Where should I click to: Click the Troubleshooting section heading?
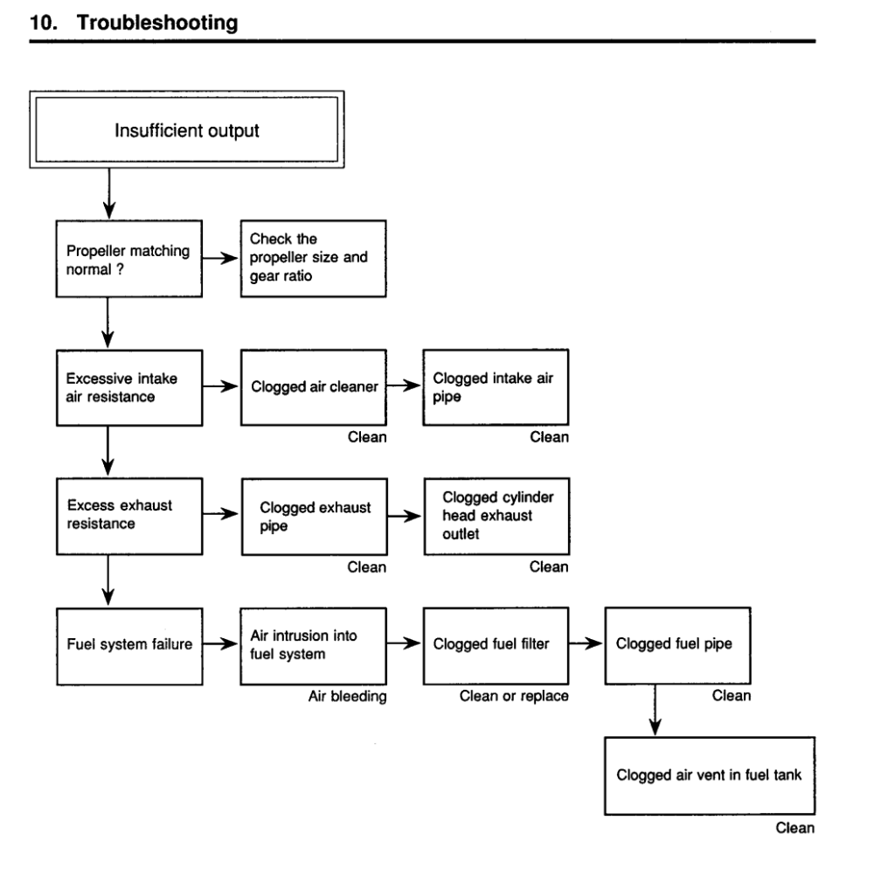coord(134,23)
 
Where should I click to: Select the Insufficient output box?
coord(187,129)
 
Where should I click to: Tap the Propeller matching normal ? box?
coord(128,259)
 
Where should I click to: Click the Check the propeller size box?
coord(313,259)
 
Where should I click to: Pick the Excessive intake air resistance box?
coord(129,388)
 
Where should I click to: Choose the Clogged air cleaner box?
coord(313,387)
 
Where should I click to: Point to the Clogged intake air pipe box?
coord(496,387)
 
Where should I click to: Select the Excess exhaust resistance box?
coord(129,516)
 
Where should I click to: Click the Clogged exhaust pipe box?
coord(315,516)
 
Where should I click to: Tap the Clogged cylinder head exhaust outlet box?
coord(496,516)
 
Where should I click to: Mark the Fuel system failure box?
coord(129,647)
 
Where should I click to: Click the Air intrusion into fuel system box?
coord(313,646)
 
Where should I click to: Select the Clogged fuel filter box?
coord(496,646)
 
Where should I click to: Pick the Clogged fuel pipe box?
coord(678,645)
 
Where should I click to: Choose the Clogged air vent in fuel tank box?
coord(710,776)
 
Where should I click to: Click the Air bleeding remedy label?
coord(347,696)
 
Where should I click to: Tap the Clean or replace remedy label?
coord(514,696)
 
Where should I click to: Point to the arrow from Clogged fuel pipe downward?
coord(655,710)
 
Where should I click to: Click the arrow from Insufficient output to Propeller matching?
coord(109,193)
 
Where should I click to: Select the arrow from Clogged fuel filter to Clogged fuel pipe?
coord(586,643)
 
